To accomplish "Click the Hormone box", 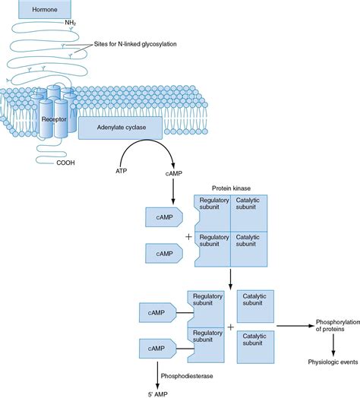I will click(47, 9).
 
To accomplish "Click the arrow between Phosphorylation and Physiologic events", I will click(332, 344).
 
